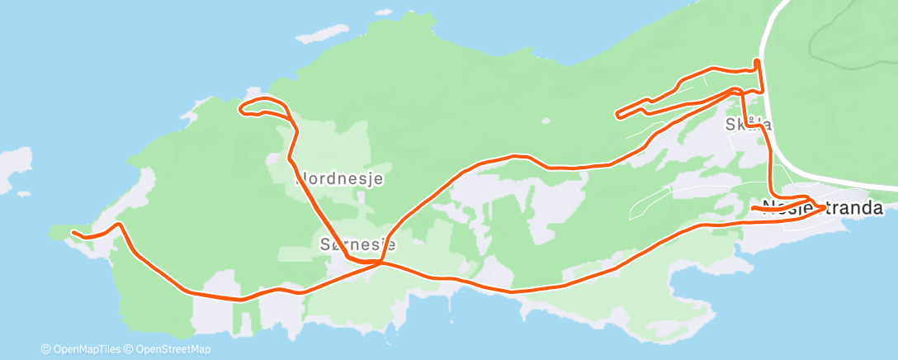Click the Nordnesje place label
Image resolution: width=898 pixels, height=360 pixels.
tap(339, 178)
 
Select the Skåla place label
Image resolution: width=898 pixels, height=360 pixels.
tap(748, 125)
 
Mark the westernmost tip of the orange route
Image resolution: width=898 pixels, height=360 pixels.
tap(73, 232)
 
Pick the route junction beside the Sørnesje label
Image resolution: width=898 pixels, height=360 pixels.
tap(380, 263)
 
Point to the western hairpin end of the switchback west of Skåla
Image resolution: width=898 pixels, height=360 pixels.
tap(617, 114)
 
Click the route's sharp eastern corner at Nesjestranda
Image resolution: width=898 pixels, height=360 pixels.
tap(824, 206)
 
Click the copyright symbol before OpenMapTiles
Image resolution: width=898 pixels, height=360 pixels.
tap(45, 349)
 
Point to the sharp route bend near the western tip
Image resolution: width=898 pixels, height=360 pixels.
tap(121, 224)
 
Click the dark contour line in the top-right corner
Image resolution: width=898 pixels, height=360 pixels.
tap(817, 41)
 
